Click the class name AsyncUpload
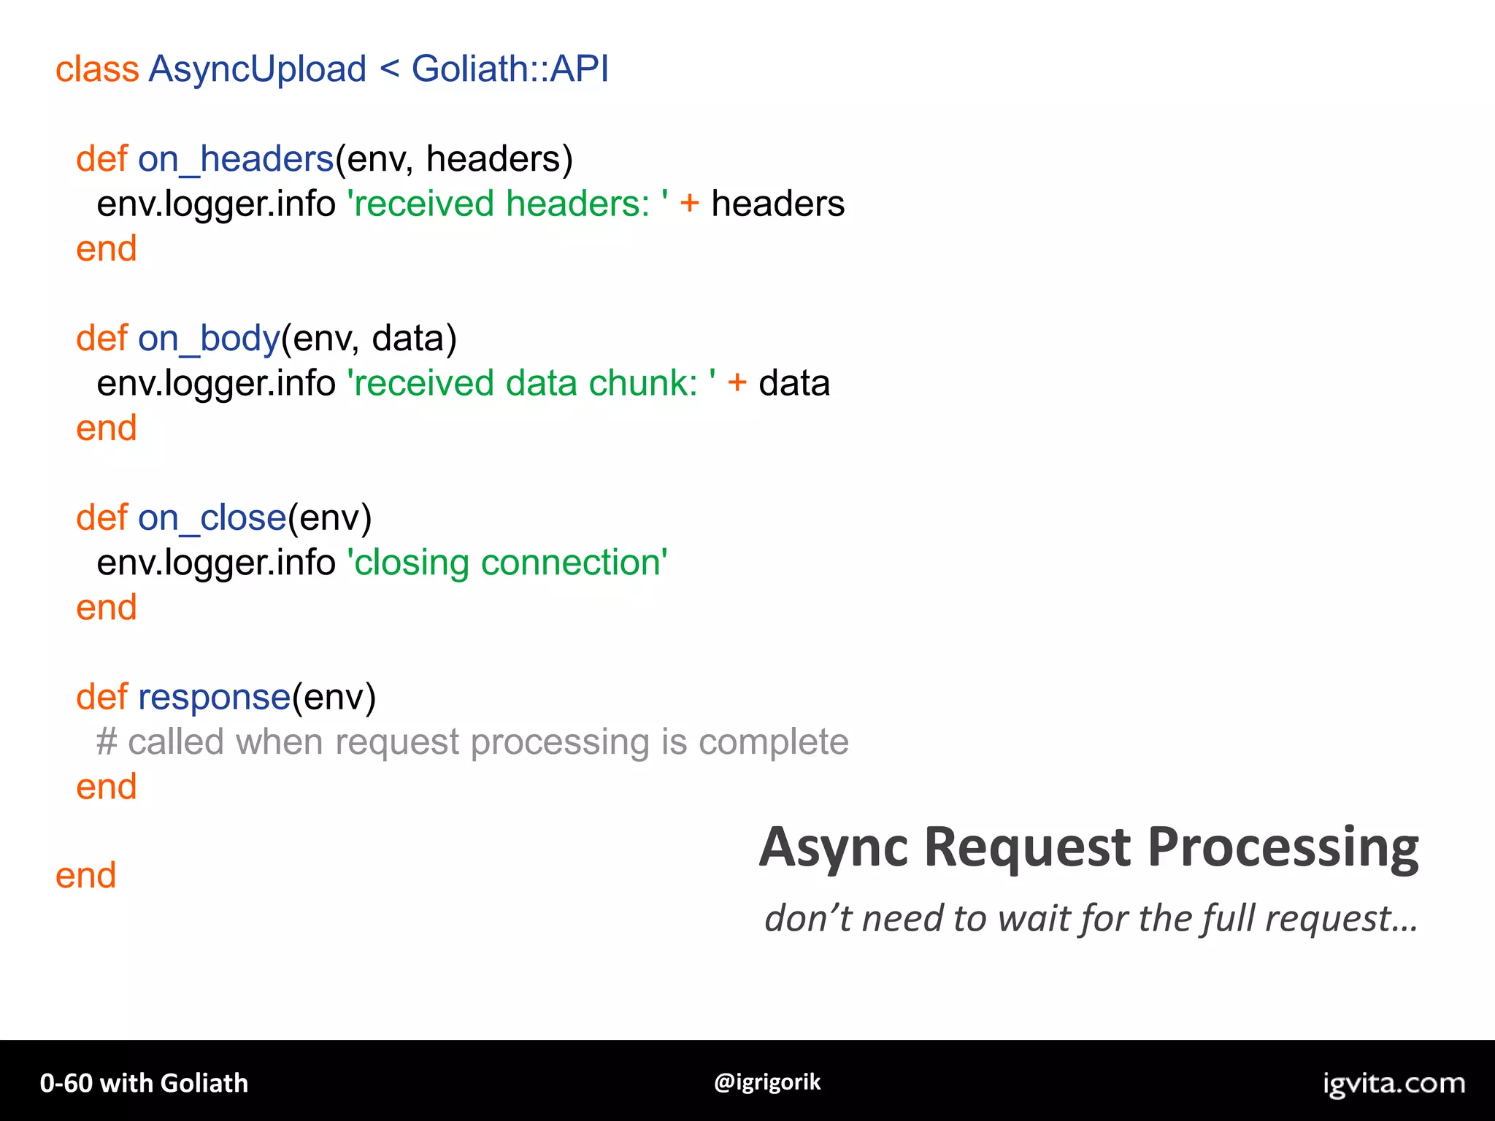coord(257,70)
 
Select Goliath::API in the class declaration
coord(510,70)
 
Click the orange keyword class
coord(97,70)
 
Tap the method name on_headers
coord(236,160)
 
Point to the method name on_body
coord(209,339)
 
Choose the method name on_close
coord(212,519)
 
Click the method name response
coord(215,698)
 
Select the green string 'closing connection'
coord(507,563)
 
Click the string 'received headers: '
coord(508,204)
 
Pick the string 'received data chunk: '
coord(531,384)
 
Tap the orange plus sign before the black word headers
coord(689,204)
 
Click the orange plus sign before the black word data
coord(737,384)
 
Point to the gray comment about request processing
coord(472,743)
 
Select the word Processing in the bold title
coord(1283,849)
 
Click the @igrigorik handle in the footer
coord(767,1082)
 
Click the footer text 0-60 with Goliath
coord(144,1084)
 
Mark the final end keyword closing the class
coord(86,877)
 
